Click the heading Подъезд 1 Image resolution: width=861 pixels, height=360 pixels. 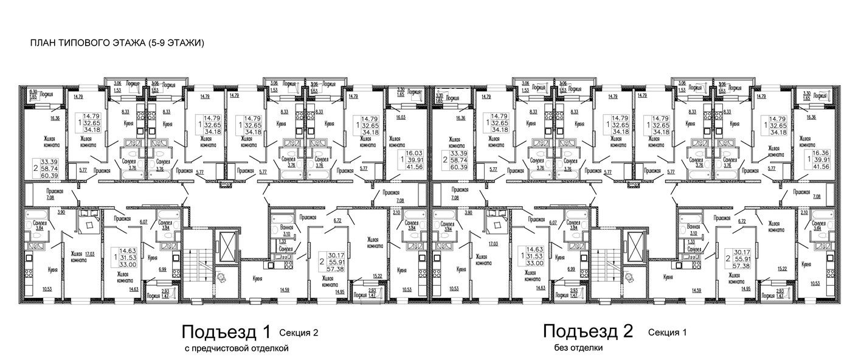(225, 332)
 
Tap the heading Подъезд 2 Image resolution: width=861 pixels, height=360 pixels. (588, 332)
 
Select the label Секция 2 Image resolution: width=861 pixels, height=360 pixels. (299, 333)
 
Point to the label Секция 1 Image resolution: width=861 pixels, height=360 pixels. (667, 333)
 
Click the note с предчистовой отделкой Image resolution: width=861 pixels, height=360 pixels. (235, 348)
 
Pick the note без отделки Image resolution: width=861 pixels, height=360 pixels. (578, 348)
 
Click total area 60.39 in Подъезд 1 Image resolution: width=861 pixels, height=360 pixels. (45, 176)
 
